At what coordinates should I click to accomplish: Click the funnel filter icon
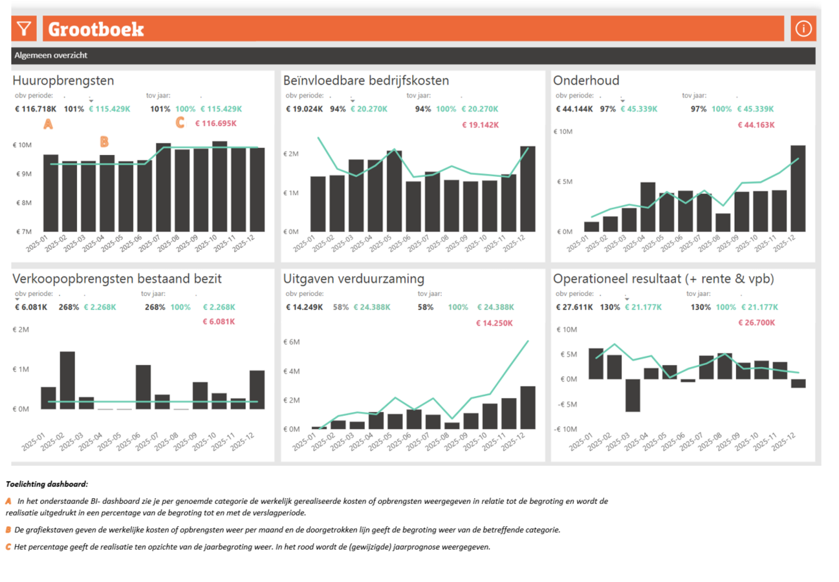tap(24, 29)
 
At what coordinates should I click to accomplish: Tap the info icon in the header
tap(803, 29)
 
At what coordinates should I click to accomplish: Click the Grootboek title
tap(96, 29)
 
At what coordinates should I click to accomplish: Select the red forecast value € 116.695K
tap(216, 124)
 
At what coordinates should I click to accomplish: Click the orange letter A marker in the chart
tap(48, 124)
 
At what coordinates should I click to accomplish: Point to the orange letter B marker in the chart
tap(104, 141)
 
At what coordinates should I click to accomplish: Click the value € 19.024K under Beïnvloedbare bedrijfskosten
tap(304, 109)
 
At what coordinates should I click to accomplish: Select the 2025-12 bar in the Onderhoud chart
tap(798, 189)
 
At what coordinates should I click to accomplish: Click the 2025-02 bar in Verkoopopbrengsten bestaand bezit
tap(67, 380)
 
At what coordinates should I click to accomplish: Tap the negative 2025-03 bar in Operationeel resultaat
tap(632, 395)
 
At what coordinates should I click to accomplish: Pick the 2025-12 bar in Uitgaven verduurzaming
tap(528, 408)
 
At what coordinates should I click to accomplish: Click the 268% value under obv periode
tap(69, 307)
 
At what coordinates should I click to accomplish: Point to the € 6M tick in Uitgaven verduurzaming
tap(291, 342)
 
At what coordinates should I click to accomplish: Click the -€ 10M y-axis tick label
tap(565, 429)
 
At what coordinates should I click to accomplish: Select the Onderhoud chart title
tap(586, 80)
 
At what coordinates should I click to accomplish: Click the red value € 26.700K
tap(756, 323)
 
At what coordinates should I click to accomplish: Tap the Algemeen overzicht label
tap(51, 55)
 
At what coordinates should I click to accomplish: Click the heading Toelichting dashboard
tap(47, 484)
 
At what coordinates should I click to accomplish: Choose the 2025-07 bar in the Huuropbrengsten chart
tap(163, 187)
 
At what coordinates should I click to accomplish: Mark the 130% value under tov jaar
tap(700, 307)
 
